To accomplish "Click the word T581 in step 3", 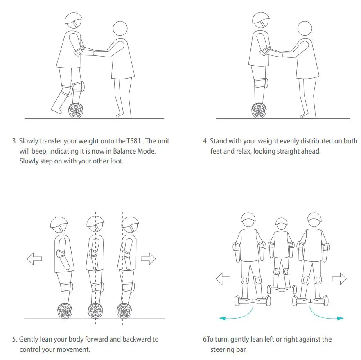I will click(x=134, y=141).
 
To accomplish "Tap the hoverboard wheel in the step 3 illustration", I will click(x=75, y=111).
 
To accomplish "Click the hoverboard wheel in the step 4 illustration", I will click(x=259, y=111).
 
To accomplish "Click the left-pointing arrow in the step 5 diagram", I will click(x=34, y=258).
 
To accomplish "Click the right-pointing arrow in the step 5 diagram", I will click(x=148, y=258).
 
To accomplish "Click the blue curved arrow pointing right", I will click(x=327, y=314).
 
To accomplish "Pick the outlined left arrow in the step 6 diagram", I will click(x=223, y=279).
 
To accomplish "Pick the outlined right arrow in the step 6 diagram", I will click(x=339, y=279).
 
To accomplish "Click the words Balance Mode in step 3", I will click(x=135, y=151).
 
